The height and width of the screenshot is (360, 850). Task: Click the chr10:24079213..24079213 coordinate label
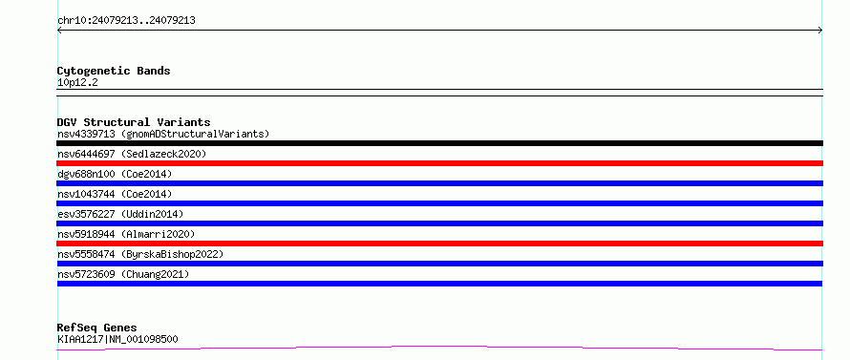pos(126,21)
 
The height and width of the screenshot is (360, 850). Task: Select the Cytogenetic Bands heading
pos(114,71)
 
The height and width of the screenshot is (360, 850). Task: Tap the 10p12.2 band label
pos(77,83)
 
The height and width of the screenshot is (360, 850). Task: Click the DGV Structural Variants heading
pos(134,122)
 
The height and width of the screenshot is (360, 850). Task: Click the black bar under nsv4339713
pos(439,143)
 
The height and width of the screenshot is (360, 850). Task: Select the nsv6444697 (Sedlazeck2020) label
pos(132,154)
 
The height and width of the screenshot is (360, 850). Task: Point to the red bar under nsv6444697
pos(439,163)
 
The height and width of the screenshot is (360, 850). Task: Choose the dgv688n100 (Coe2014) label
pos(115,174)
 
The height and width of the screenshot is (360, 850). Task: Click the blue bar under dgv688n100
pos(439,183)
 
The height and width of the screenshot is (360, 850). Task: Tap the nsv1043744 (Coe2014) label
pos(115,194)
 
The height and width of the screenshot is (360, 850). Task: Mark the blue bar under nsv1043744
pos(439,203)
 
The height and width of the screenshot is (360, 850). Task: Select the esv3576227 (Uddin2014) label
pos(120,214)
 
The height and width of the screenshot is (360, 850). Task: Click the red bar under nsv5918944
pos(439,244)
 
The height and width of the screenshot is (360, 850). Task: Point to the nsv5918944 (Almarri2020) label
pos(126,234)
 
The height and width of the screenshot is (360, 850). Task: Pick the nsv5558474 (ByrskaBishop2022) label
pos(140,254)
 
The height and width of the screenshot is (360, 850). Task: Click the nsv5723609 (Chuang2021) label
pos(123,274)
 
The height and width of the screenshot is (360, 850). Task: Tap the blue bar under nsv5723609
pos(439,284)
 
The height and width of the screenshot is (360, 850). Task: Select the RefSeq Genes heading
pos(97,328)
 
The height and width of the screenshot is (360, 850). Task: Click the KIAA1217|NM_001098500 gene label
pos(117,339)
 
